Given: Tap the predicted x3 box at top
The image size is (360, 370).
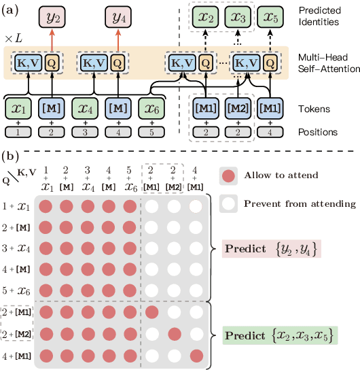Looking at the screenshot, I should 236,16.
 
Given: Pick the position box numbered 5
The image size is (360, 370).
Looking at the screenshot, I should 150,131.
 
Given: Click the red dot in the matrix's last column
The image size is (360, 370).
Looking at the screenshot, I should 197,354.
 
